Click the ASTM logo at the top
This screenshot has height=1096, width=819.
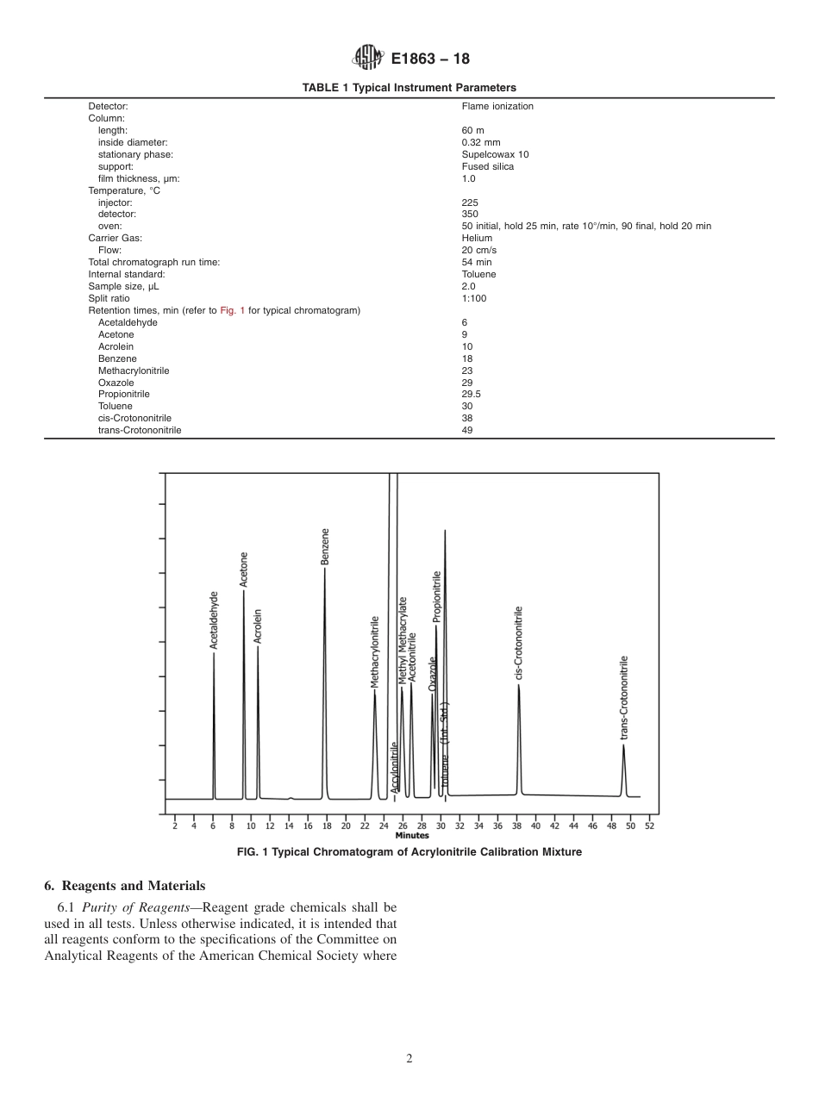pos(367,59)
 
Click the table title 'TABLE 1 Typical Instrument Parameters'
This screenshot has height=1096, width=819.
pos(409,87)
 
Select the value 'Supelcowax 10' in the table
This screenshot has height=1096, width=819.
pos(495,155)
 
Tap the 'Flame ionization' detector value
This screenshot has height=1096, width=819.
pos(497,107)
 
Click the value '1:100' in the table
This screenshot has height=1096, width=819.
pos(473,298)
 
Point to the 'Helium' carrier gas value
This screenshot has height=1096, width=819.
pos(477,238)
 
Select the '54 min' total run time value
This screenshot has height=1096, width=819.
pos(477,262)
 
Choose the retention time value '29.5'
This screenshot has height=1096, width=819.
pos(471,394)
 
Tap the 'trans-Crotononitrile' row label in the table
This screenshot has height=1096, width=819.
pos(140,430)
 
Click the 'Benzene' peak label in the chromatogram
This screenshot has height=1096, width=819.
pos(325,547)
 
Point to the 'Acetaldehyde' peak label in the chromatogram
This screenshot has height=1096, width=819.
pos(214,620)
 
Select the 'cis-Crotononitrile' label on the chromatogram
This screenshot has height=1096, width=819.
pos(519,643)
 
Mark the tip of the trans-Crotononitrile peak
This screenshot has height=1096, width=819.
pos(623,745)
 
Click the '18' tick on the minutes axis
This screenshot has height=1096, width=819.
pos(327,825)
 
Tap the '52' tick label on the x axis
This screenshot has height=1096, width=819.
pos(649,825)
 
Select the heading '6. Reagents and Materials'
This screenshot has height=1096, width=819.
pos(124,886)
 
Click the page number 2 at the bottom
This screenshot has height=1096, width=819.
pos(409,1059)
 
